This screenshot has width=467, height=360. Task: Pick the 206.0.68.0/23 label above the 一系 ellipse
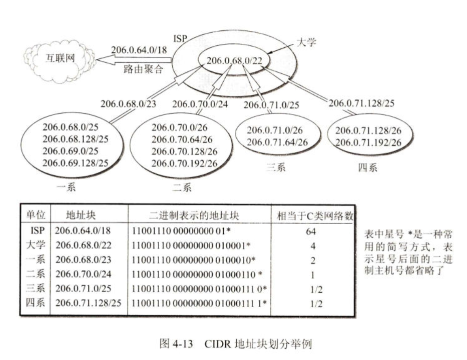click(x=128, y=104)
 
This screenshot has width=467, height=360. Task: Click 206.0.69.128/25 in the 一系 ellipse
click(x=75, y=163)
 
